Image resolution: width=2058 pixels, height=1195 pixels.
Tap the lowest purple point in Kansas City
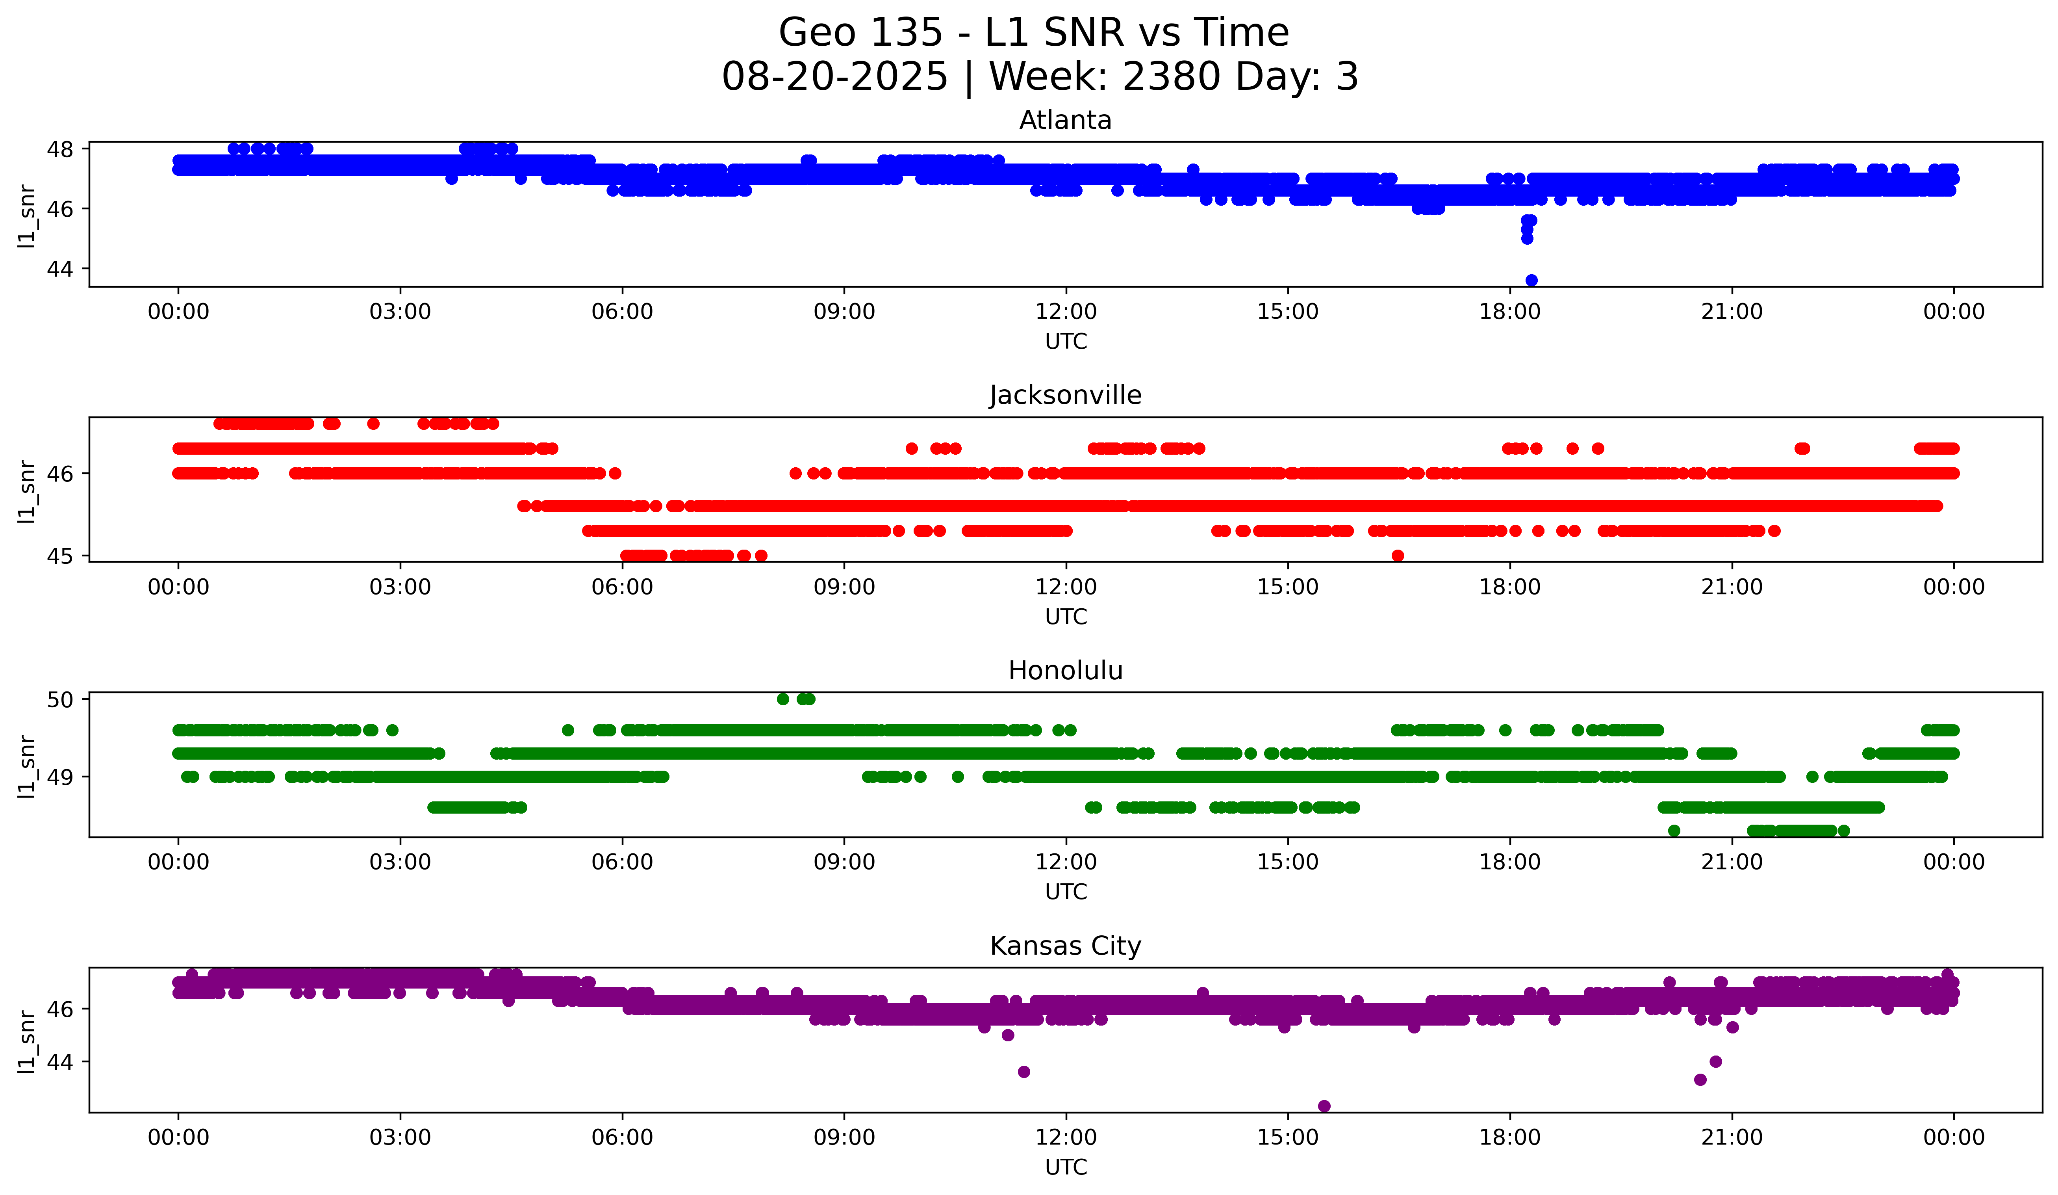coord(1324,1106)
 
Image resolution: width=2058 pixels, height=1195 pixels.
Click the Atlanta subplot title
coord(1065,120)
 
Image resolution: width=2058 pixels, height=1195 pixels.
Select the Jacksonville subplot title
coord(1065,395)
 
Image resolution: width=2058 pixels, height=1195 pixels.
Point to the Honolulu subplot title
coord(1065,671)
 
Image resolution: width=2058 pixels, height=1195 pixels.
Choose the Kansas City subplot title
coord(1065,946)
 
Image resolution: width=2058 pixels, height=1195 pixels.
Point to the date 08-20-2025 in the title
coord(834,77)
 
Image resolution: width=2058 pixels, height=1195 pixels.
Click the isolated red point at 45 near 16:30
coord(1397,556)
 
